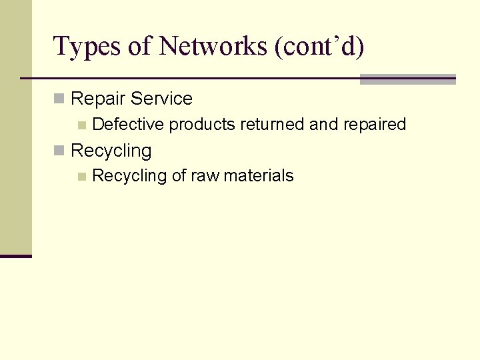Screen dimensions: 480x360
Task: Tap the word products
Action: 202,125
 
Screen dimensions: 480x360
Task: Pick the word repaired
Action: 375,125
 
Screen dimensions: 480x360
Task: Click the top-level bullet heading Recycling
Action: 111,151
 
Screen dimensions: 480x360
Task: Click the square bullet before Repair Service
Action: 59,99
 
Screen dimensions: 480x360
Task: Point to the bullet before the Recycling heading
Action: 59,151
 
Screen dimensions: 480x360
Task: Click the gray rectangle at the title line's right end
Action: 407,79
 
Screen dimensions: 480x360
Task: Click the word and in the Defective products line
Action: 324,124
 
